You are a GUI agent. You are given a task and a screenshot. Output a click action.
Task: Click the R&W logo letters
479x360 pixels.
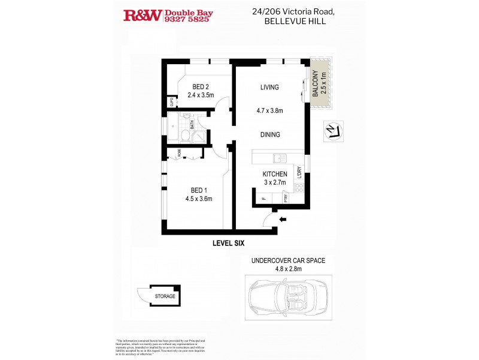click(143, 16)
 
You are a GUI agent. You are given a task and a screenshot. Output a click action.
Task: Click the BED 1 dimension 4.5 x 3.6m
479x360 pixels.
click(198, 199)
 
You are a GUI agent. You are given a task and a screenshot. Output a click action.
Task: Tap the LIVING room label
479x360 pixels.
click(269, 88)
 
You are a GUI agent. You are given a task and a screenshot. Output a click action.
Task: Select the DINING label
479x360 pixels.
click(269, 135)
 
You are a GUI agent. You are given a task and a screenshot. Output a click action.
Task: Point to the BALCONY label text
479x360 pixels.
click(316, 85)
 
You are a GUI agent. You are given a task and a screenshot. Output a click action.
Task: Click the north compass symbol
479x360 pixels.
click(331, 130)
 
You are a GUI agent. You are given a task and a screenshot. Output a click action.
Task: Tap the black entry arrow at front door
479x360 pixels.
click(283, 220)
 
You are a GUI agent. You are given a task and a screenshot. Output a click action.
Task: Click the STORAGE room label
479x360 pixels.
click(165, 296)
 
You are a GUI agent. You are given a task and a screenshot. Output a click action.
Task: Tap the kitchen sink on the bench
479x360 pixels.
click(280, 158)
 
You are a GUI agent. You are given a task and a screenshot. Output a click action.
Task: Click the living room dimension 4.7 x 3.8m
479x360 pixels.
click(269, 110)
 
